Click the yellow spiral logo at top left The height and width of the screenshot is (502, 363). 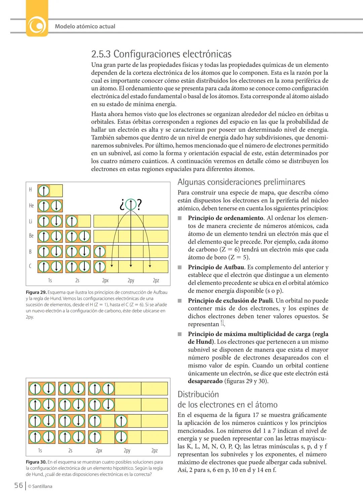coord(37,26)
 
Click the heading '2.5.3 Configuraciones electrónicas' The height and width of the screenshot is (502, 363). coord(161,54)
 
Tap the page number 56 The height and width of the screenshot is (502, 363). coord(18,485)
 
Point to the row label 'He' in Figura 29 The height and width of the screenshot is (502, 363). coord(31,205)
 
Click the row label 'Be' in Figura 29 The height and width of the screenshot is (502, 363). coord(31,236)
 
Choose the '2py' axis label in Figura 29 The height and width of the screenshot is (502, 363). coord(131,280)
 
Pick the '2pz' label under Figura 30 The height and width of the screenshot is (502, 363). coord(154,450)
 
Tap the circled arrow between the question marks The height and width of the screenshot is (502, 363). coord(130,204)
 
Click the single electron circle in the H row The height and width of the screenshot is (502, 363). coord(44,191)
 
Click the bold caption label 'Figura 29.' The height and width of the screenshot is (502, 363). coord(36,292)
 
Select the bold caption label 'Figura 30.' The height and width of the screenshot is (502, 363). coord(36,462)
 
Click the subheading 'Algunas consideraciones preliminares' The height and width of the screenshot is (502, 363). coord(241,182)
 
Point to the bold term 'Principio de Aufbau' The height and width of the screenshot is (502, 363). coord(216,267)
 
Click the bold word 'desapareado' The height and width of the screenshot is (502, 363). coord(205,381)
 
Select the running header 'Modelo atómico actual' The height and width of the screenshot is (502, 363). coord(85,26)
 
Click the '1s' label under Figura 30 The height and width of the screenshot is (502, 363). coord(40,450)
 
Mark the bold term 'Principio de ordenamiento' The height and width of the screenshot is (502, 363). coord(226,218)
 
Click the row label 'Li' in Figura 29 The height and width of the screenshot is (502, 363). coord(31,221)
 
